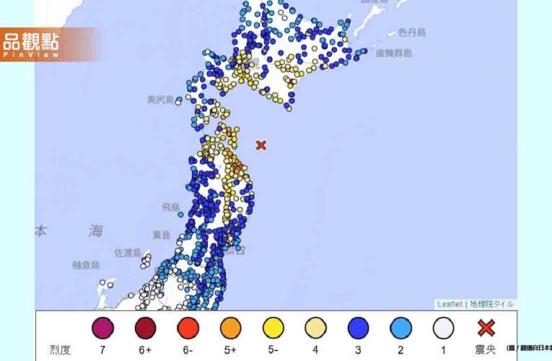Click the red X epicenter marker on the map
[261, 145]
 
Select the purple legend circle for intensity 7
[102, 329]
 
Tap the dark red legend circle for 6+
[146, 329]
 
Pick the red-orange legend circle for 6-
[188, 329]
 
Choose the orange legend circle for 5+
[231, 329]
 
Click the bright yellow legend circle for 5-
[273, 329]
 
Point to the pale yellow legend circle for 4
[316, 329]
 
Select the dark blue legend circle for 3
[359, 329]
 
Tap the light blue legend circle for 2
[401, 329]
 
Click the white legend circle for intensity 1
[444, 329]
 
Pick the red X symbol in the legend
[486, 328]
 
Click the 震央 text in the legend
[486, 350]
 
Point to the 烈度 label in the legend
[60, 350]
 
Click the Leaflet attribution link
[449, 304]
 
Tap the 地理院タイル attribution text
[491, 304]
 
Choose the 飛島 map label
[170, 207]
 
